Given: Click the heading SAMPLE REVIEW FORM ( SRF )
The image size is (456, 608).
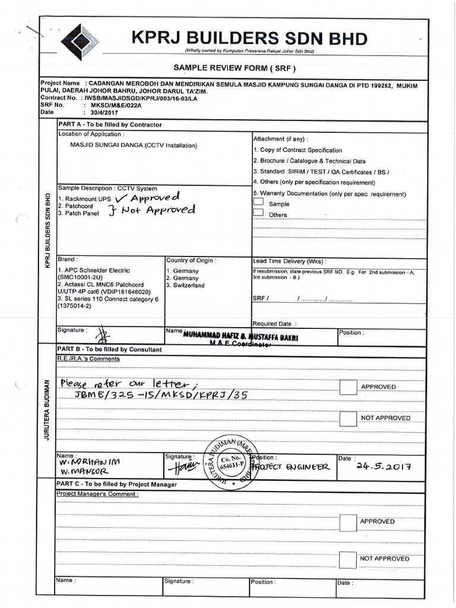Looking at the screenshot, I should [233, 68].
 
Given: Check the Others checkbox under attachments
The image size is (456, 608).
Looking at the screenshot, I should [258, 214].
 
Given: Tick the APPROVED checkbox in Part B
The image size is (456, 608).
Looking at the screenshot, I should [348, 387].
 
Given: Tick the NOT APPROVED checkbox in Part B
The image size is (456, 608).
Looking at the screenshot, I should [348, 418].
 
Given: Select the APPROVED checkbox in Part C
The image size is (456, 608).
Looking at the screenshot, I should [348, 522].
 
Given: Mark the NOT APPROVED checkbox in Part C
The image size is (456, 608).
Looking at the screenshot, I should [348, 559].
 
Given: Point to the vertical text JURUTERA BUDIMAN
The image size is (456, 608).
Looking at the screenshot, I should [46, 410].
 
